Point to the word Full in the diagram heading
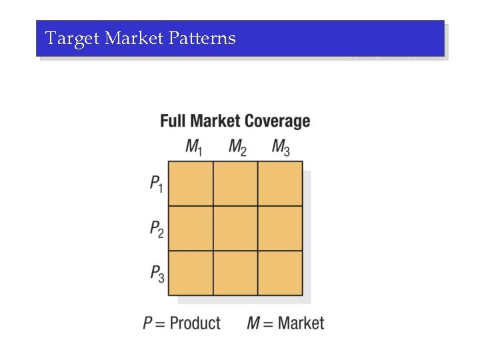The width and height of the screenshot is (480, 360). [173, 121]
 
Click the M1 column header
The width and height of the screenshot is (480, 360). [193, 147]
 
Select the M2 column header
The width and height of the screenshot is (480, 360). [237, 147]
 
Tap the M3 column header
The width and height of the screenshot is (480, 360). [281, 147]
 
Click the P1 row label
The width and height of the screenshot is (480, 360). [156, 183]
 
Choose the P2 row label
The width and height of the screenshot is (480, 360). [156, 229]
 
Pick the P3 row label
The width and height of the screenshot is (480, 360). [156, 273]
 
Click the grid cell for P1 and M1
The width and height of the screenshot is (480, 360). [191, 183]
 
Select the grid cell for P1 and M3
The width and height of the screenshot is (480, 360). [280, 183]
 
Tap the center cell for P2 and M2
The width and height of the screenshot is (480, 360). [235, 228]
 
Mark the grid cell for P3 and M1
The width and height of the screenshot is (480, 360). [191, 273]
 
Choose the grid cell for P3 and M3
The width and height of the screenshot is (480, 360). [280, 273]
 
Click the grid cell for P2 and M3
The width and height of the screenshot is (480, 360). [280, 228]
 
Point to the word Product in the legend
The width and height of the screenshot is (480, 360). [195, 323]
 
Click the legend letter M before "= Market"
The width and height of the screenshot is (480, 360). [253, 323]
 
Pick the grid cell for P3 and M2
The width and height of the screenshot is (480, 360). [235, 273]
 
